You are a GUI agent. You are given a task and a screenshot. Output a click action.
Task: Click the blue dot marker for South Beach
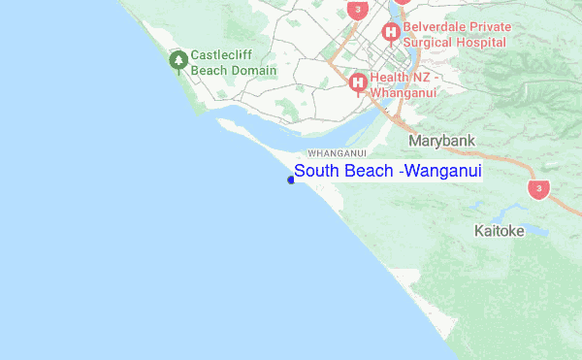tap(291, 179)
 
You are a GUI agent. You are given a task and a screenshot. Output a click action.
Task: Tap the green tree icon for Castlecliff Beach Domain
tap(178, 61)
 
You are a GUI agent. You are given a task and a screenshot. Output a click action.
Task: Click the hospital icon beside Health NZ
tap(358, 83)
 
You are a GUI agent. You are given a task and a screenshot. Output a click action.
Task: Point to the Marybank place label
tap(442, 142)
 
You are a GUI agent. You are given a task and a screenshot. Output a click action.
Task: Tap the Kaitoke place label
tap(499, 231)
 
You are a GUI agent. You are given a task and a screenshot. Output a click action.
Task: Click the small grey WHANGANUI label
tap(336, 153)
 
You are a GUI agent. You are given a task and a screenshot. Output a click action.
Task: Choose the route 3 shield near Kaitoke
tap(538, 188)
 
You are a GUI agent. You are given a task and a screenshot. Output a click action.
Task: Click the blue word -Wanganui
tap(441, 171)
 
